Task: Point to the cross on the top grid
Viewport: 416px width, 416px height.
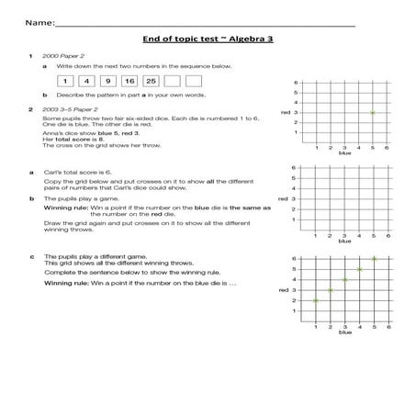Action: (x=372, y=112)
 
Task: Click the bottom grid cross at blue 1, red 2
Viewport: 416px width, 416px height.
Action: (x=315, y=300)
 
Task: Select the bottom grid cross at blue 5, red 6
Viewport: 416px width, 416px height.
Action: (x=373, y=258)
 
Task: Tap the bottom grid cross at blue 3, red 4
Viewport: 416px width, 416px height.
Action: (x=344, y=279)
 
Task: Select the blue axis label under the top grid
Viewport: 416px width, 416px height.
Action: (x=345, y=153)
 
